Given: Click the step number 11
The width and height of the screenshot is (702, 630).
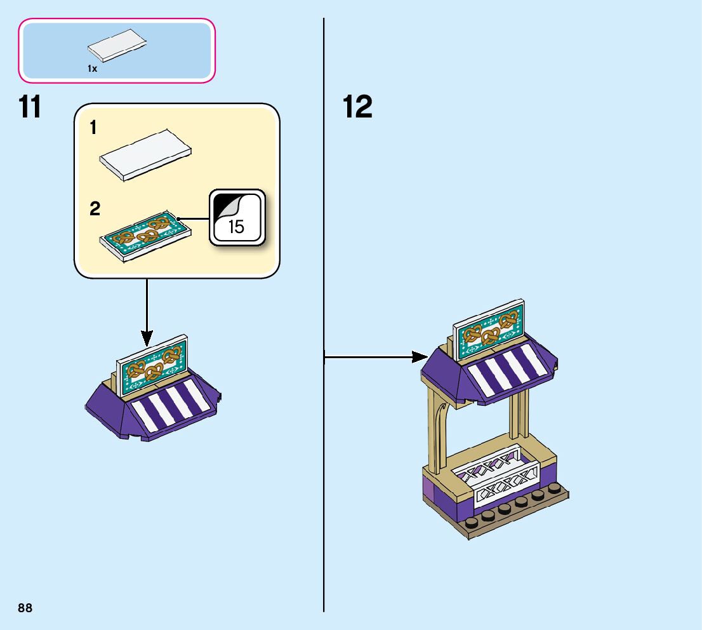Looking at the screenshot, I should pyautogui.click(x=30, y=107).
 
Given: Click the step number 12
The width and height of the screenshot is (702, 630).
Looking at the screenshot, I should pyautogui.click(x=357, y=107).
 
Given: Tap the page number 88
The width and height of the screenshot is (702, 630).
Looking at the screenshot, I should pyautogui.click(x=25, y=608).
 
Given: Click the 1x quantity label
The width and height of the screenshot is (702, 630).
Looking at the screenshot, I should pyautogui.click(x=93, y=69).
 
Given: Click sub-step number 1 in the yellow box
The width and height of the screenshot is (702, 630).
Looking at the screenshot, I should pyautogui.click(x=93, y=129).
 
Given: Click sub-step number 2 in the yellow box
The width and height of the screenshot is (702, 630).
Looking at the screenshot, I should pyautogui.click(x=95, y=209).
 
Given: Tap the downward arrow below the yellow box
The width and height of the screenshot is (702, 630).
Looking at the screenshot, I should pyautogui.click(x=147, y=311).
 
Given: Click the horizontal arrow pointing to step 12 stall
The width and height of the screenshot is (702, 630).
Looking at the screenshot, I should pyautogui.click(x=374, y=357).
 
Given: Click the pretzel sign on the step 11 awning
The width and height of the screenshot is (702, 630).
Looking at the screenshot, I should pyautogui.click(x=152, y=363).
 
